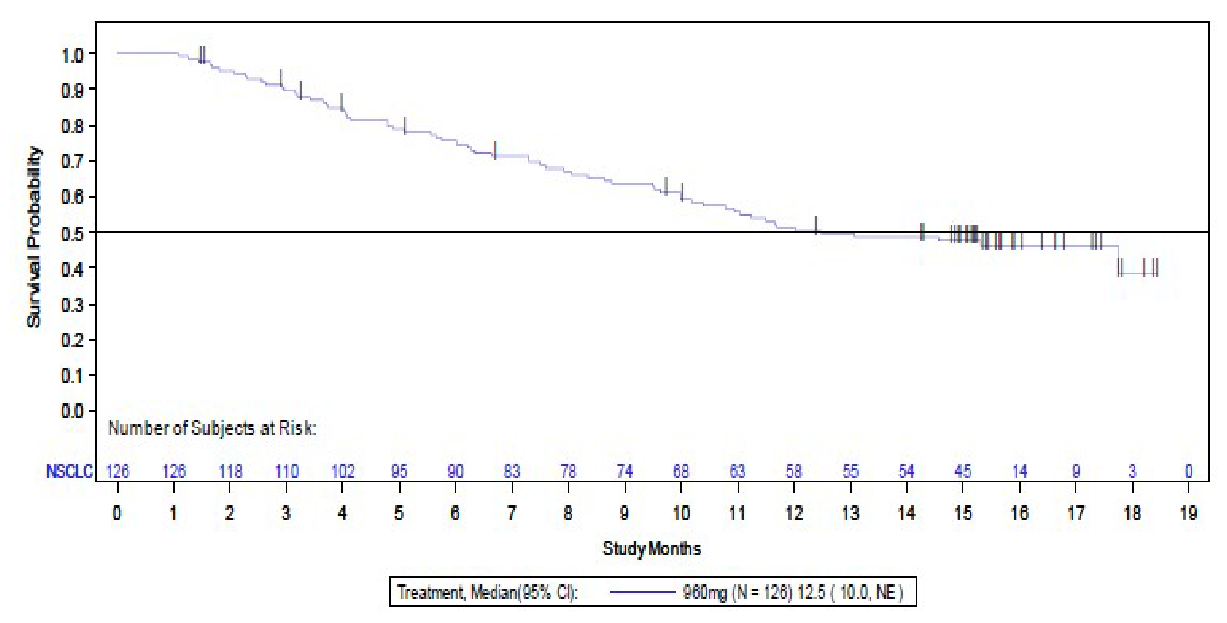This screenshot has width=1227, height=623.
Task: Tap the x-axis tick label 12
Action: pos(794,513)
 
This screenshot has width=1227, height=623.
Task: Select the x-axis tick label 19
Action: pos(1188,513)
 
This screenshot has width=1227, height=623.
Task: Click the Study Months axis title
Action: pos(652,549)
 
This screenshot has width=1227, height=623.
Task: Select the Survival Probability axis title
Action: pos(34,237)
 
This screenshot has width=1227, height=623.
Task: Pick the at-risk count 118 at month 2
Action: pos(230,471)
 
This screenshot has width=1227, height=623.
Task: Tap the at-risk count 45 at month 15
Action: pos(963,471)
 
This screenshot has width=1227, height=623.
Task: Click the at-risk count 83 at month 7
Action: pos(512,471)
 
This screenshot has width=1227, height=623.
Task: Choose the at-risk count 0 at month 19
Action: pos(1188,471)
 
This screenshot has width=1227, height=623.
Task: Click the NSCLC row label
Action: pos(69,471)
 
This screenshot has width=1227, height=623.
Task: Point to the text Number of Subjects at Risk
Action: pos(212,428)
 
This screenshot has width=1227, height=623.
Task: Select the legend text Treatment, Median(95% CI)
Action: pos(487,593)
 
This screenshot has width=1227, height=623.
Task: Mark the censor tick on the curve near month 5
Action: pos(404,125)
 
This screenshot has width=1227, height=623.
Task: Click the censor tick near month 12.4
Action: pos(816,225)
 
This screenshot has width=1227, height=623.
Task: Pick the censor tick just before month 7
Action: pos(495,150)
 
